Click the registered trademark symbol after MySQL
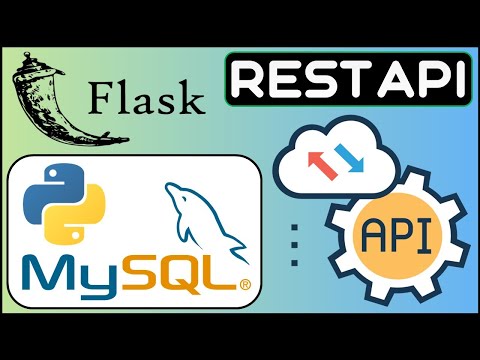coord(244,287)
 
